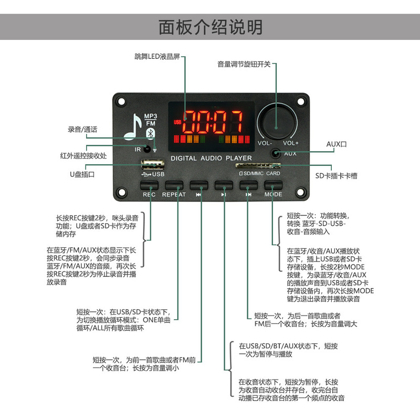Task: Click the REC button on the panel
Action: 149,185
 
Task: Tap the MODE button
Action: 273,185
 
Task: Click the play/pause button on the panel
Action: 223,185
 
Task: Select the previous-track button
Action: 198,185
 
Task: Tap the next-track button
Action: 248,185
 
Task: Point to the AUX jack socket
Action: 275,154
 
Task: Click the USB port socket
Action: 150,163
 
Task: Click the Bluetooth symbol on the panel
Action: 149,134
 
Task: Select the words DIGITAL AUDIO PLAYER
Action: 211,158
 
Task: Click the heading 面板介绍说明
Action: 210,26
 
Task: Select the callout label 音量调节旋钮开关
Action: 244,65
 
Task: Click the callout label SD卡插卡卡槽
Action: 337,176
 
